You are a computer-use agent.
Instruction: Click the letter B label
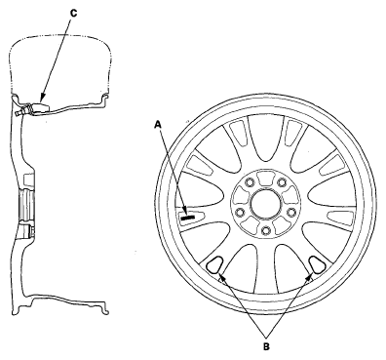tap(266, 346)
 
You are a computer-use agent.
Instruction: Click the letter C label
tap(74, 13)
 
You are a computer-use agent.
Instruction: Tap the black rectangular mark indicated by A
tap(188, 218)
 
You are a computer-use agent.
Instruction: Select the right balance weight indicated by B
tap(317, 263)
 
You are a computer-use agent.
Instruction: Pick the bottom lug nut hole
tap(266, 230)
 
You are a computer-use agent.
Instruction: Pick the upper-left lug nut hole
tap(250, 182)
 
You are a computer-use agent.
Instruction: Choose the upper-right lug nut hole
tap(282, 182)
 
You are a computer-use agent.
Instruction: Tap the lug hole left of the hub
tap(240, 213)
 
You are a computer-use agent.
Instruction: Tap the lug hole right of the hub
tap(291, 213)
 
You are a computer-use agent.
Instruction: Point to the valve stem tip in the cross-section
tap(18, 112)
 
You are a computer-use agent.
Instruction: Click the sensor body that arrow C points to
tap(40, 107)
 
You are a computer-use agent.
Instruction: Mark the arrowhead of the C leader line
tap(40, 100)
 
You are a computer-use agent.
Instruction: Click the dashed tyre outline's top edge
tap(60, 33)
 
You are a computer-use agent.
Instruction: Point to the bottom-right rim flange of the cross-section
tap(104, 308)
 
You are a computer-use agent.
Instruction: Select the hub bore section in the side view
tap(27, 206)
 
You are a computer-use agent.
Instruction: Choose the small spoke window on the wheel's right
tap(340, 216)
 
